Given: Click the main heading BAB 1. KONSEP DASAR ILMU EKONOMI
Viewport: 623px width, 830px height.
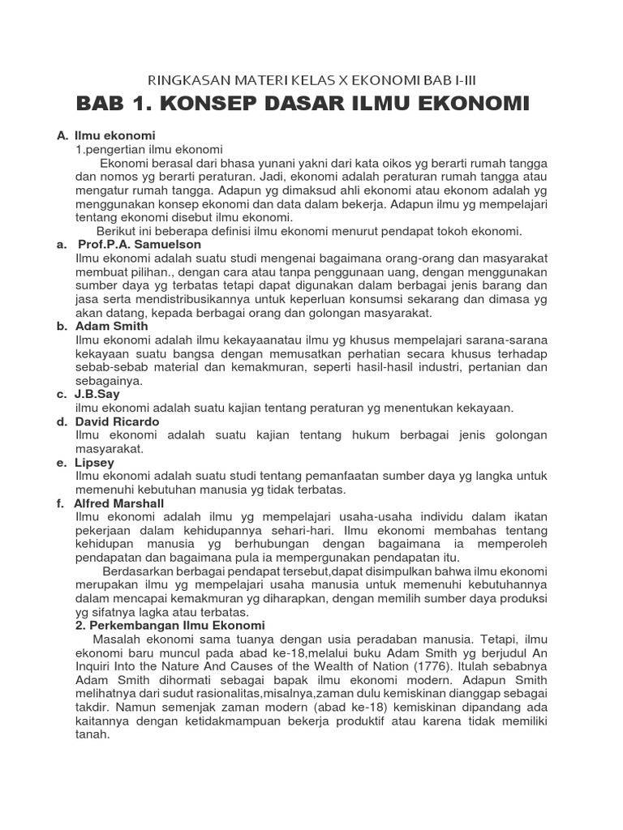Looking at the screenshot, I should coord(302,104).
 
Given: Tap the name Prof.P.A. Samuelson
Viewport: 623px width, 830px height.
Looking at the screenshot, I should coord(140,244).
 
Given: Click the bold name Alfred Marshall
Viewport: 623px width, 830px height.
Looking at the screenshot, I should coord(126,503).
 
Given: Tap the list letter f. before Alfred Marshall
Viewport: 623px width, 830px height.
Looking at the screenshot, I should coord(60,503).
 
